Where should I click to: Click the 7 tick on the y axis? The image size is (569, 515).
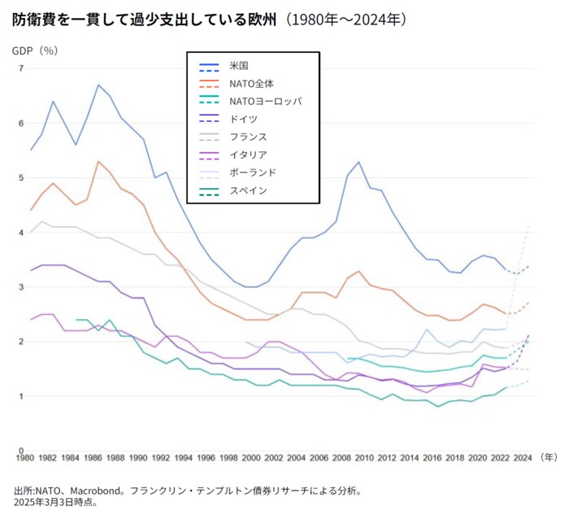point(20,68)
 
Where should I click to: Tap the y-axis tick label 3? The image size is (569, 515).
point(20,287)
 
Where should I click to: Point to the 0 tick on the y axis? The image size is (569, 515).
point(20,451)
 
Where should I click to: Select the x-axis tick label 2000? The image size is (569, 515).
point(252,457)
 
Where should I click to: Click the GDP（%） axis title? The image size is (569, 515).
point(35,50)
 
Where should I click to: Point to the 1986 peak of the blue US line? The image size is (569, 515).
point(98,85)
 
